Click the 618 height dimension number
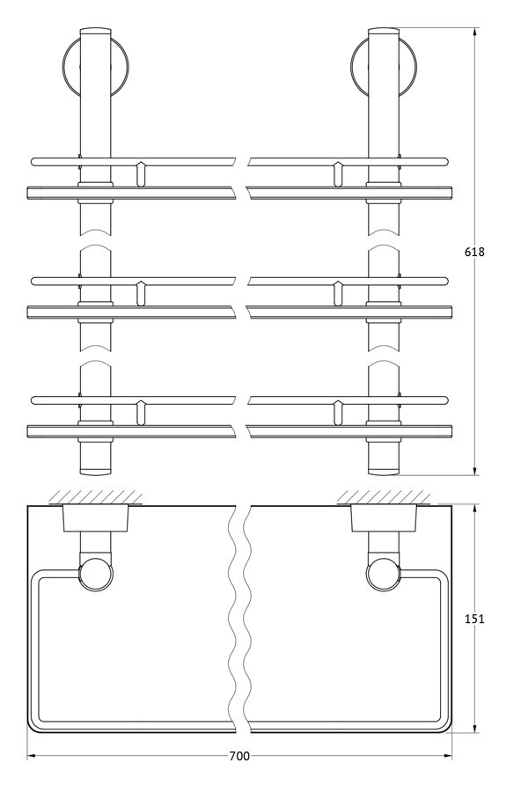point(474,251)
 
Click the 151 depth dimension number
point(474,619)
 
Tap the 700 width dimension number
point(239,756)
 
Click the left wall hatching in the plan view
point(95,496)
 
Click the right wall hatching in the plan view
point(384,496)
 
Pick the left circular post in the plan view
point(97,574)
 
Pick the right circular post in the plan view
point(384,574)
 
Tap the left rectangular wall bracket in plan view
point(95,517)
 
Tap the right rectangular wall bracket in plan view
point(385,517)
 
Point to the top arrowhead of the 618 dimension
point(475,32)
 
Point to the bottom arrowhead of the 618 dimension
point(475,472)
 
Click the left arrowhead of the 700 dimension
point(31,756)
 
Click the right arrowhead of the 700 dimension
point(448,756)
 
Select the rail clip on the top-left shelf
point(141,173)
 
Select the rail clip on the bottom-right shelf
point(338,412)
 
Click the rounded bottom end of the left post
point(95,472)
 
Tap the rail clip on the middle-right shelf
point(338,293)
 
